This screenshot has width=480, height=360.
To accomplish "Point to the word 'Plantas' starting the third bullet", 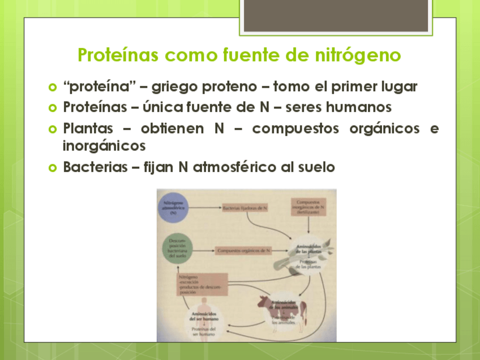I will (88, 128).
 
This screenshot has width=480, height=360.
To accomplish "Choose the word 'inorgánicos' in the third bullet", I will (104, 146).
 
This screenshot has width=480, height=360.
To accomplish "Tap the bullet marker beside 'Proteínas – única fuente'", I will (53, 107).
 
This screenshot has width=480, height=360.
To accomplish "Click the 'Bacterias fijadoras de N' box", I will (245, 208).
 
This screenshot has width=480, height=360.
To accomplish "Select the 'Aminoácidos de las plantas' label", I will (310, 249).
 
